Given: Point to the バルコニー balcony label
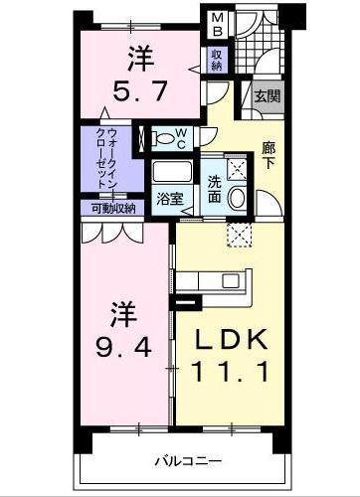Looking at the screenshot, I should [187, 460].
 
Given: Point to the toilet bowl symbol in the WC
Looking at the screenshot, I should [158, 138].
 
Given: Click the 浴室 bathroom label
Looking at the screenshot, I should [169, 198].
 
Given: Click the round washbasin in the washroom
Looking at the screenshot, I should [239, 197].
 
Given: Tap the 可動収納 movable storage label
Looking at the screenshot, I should [108, 208].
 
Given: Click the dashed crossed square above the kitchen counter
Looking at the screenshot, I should [239, 235].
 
